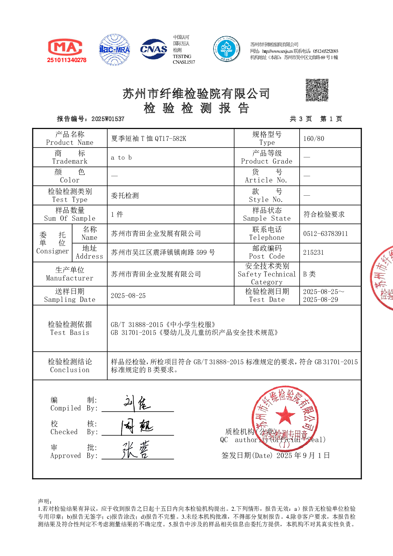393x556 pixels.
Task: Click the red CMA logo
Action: (x=65, y=47)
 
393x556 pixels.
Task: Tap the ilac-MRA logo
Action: (x=115, y=49)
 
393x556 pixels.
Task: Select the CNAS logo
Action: (x=153, y=49)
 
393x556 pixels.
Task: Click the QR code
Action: (x=317, y=90)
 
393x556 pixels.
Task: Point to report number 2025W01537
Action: (x=108, y=119)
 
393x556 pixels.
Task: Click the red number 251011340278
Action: (x=67, y=60)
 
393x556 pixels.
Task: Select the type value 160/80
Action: (x=313, y=139)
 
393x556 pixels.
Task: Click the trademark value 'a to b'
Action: (x=121, y=158)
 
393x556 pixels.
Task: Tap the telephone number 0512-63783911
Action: (x=325, y=234)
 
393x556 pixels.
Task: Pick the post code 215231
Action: (x=313, y=252)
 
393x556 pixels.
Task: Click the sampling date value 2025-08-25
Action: (x=128, y=296)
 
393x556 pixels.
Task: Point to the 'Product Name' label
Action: (x=70, y=143)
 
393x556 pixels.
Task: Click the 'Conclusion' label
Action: (x=70, y=370)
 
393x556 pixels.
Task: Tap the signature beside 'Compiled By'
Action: (x=137, y=403)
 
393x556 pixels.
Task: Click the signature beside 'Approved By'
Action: (x=136, y=450)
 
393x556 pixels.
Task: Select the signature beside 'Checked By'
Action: (x=137, y=427)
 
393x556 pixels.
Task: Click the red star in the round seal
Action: (x=285, y=414)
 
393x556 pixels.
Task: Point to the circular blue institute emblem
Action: (x=227, y=49)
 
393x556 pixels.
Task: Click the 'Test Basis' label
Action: (x=70, y=333)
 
